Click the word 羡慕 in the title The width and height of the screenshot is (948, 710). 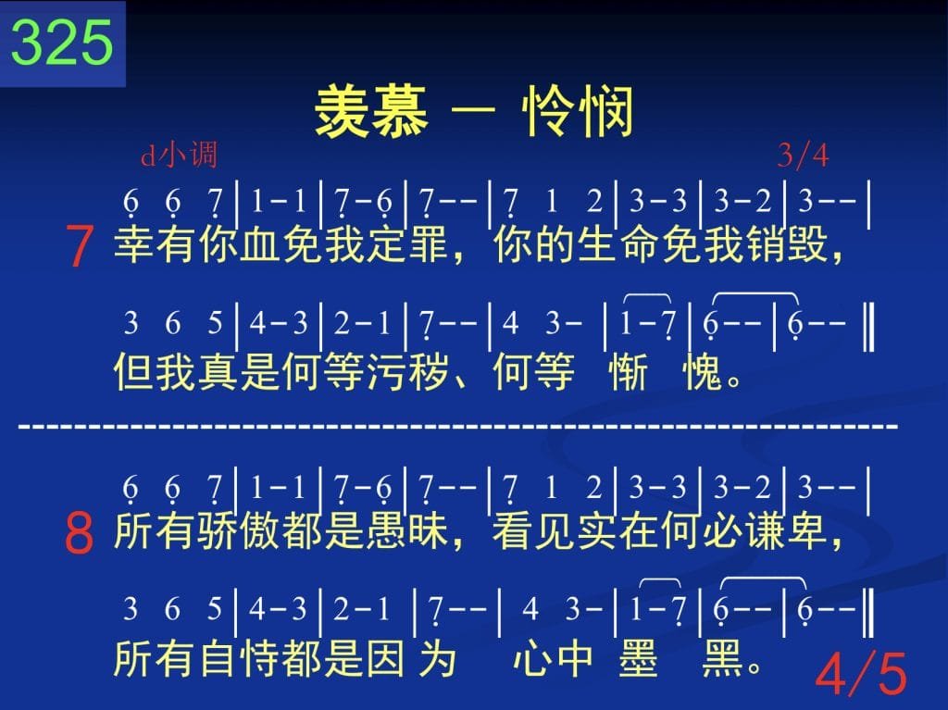point(372,111)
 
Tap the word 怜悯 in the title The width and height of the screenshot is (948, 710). point(578,111)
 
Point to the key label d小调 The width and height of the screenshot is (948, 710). point(179,155)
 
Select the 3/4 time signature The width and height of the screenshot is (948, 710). point(803,156)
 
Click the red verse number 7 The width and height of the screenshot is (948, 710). point(80,245)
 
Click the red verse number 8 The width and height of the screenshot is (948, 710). point(80,533)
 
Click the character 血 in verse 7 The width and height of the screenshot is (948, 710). point(261,244)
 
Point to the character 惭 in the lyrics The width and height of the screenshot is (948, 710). point(629,370)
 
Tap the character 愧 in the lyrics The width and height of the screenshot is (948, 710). point(703,370)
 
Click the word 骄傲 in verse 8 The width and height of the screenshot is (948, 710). point(261,530)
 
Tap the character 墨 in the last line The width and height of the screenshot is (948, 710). point(639,658)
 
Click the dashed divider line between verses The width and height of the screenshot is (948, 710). point(458,427)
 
